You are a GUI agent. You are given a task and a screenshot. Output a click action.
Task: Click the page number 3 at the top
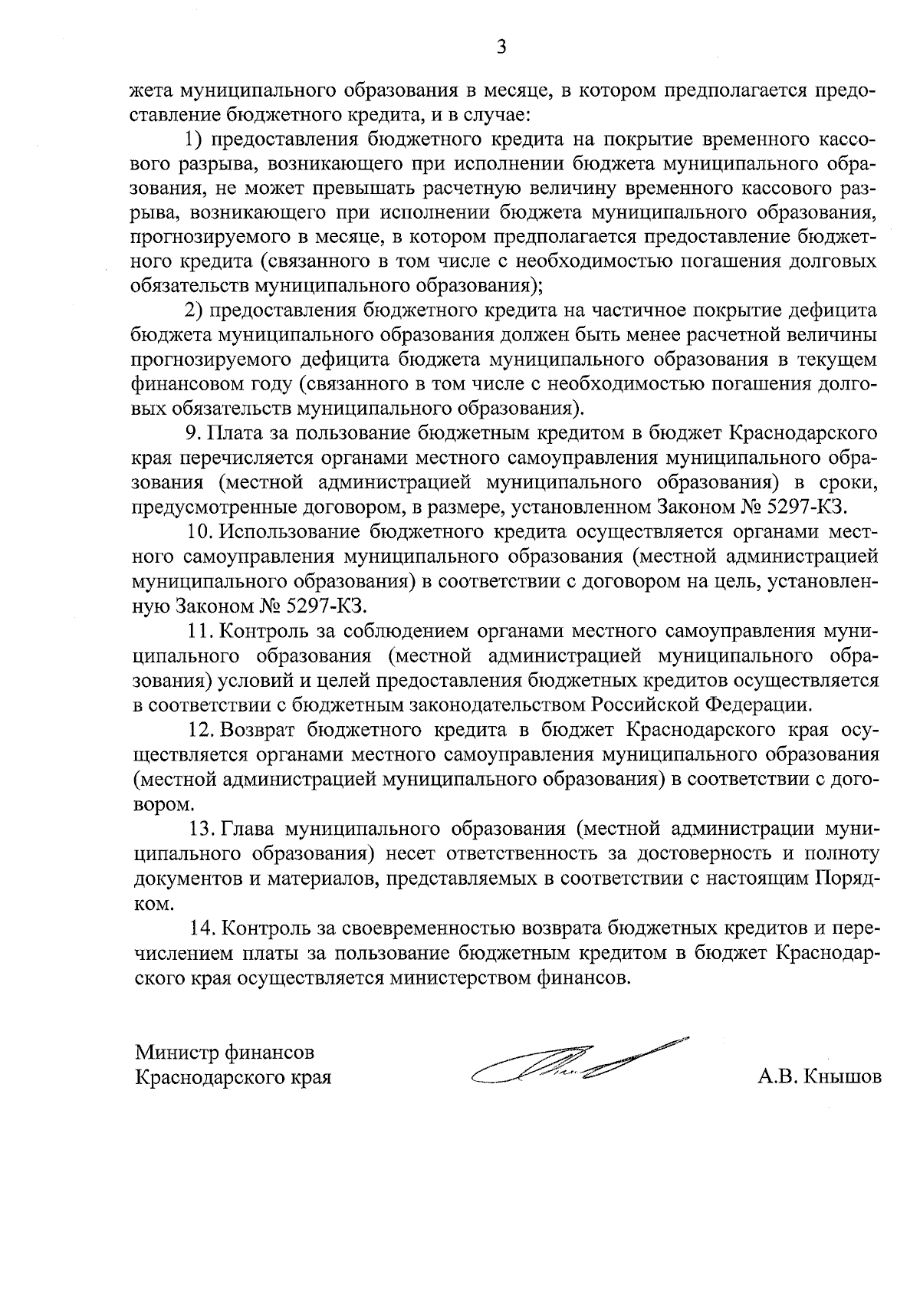[x=501, y=48]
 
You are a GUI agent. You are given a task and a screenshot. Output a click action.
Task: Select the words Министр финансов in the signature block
[x=225, y=1052]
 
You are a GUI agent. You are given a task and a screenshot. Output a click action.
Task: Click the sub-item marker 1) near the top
[x=194, y=140]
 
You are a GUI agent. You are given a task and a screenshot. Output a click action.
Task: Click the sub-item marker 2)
[x=194, y=310]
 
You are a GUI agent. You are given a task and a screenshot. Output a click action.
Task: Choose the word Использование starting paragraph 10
[x=291, y=532]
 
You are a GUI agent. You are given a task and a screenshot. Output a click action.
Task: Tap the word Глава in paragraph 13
[x=248, y=829]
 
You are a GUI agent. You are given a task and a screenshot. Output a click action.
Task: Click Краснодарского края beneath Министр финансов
[x=234, y=1077]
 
